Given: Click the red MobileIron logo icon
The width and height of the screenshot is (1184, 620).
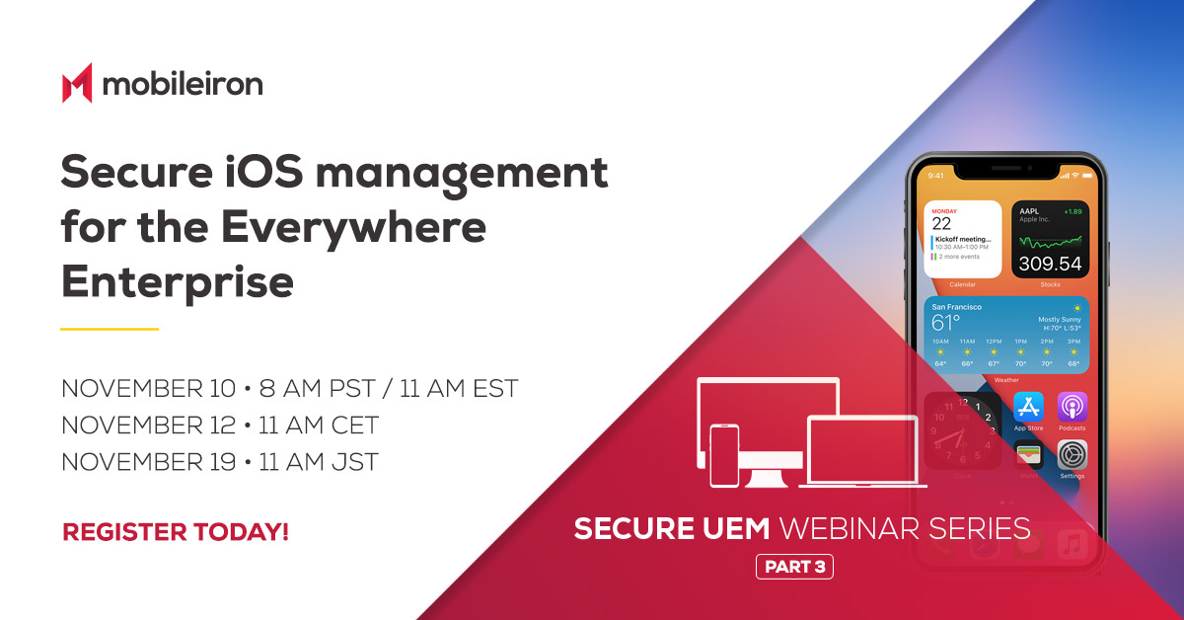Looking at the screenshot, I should [x=77, y=83].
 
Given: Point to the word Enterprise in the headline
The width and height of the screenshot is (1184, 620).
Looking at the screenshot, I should [x=178, y=282].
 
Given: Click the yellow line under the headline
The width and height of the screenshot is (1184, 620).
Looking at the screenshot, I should [x=110, y=329].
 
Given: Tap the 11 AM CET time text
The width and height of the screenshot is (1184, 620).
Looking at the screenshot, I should [x=319, y=426].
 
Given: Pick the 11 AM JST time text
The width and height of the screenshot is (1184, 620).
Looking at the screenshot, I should [x=318, y=462].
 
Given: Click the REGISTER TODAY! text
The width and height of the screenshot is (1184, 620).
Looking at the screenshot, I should [x=176, y=532].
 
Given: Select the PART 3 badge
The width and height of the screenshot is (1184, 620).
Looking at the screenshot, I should [x=794, y=567].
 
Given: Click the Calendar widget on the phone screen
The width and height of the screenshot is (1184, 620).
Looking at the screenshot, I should [x=963, y=240].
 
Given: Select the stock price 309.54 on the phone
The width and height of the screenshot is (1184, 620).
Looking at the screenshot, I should [x=1050, y=264].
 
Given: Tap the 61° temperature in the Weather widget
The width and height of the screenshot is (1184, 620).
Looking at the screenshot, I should [x=946, y=323].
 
